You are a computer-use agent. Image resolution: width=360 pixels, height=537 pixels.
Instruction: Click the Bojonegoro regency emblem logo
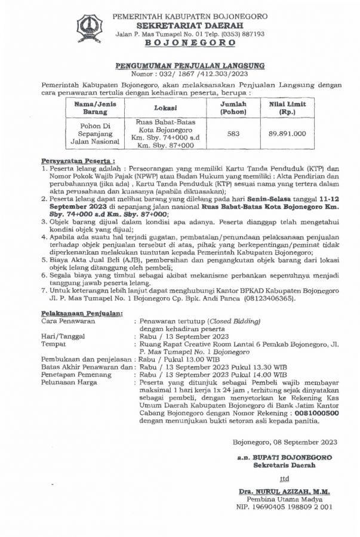[x=90, y=27]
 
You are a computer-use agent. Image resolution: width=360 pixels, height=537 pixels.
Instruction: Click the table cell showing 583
[x=233, y=134]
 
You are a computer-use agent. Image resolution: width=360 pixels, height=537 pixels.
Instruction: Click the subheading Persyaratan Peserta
[x=78, y=161]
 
